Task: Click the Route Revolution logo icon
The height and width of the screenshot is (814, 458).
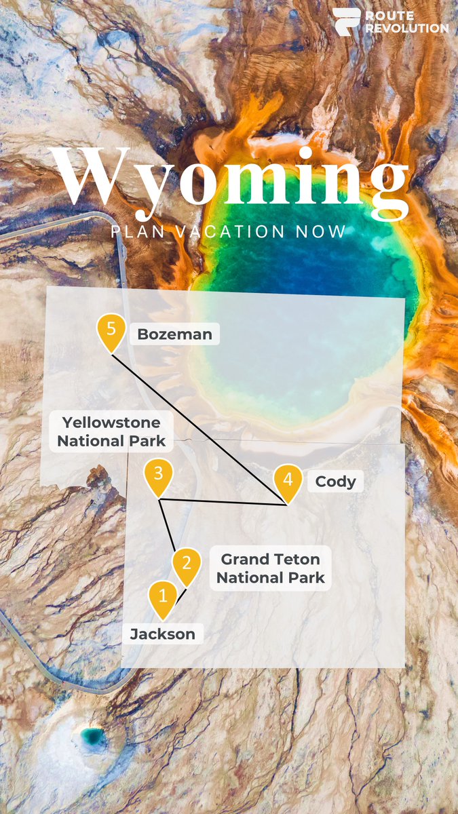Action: click(346, 21)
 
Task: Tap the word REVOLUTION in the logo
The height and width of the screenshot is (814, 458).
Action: click(406, 28)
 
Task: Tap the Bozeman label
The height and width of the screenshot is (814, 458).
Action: click(174, 334)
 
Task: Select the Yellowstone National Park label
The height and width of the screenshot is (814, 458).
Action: click(111, 431)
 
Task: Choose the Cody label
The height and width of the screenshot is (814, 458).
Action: click(335, 482)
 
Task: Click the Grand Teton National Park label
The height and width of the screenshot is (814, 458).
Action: click(270, 568)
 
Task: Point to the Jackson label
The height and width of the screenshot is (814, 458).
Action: click(163, 634)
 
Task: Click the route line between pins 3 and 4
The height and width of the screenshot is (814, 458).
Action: click(224, 502)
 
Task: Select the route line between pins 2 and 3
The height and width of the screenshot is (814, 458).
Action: click(167, 525)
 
